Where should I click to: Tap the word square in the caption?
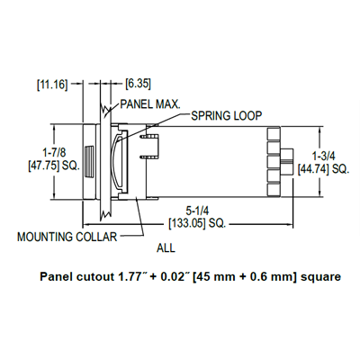(320, 278)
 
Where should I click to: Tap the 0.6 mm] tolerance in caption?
(272, 278)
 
